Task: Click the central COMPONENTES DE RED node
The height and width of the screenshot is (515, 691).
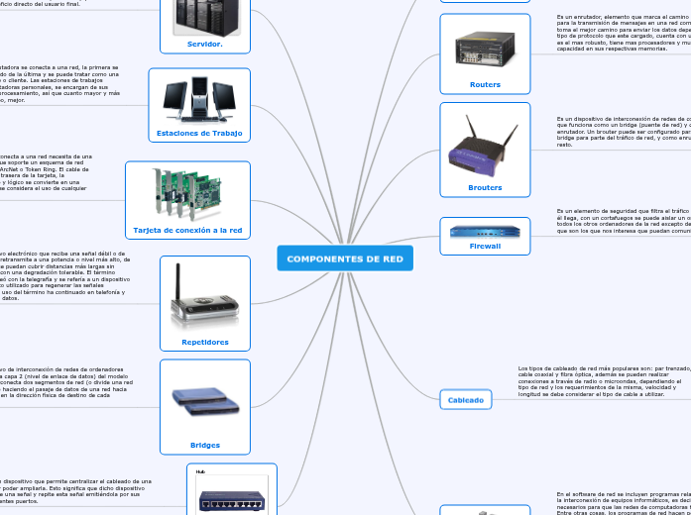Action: (345, 258)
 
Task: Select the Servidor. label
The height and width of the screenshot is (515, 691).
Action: (204, 44)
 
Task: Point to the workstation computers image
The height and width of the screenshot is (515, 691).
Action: (199, 99)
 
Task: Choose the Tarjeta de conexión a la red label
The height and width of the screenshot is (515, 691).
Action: (187, 230)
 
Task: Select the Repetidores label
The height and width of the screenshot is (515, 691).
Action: (205, 342)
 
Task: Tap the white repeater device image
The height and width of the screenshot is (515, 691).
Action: (205, 296)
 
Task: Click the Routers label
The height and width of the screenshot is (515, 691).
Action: (485, 85)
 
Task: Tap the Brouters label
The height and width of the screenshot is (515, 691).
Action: (485, 187)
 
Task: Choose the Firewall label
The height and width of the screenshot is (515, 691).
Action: (485, 246)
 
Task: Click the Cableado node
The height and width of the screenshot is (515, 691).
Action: (466, 400)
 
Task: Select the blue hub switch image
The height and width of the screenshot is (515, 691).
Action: (231, 499)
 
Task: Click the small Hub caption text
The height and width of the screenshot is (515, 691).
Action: (199, 472)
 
